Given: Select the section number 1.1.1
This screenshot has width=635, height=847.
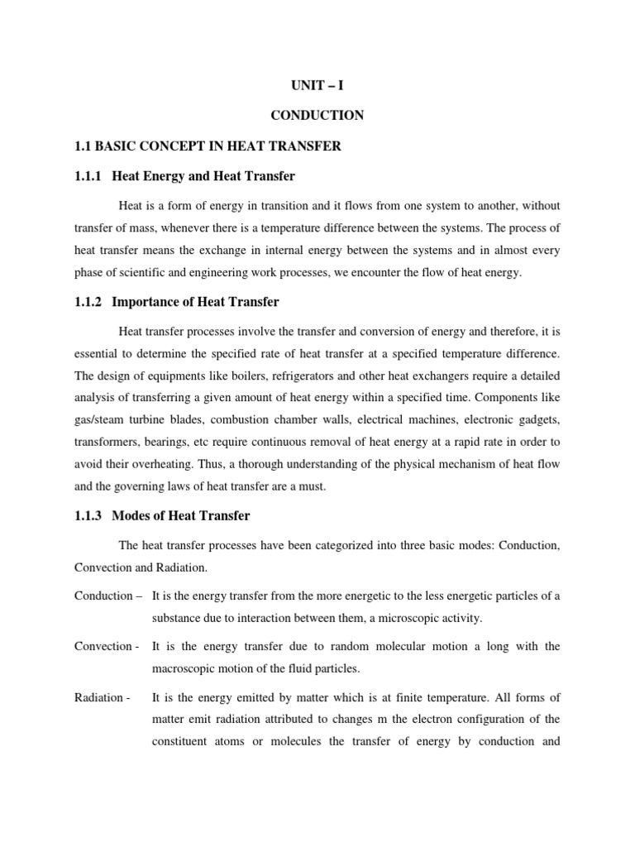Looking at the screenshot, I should click(89, 176).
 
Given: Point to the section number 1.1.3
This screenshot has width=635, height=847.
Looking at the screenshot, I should click(89, 516).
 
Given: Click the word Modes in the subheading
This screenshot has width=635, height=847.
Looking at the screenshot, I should click(131, 516).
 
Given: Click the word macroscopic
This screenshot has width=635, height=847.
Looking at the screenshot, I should click(186, 668).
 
